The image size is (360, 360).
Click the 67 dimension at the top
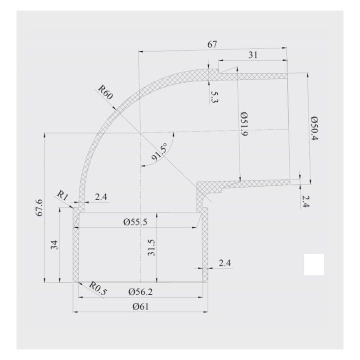coord(212,45)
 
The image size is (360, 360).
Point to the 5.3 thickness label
coord(213,96)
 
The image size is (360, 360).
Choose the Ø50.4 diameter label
coord(314,128)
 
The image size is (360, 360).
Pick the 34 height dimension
coord(54,246)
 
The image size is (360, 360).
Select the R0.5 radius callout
coord(98,288)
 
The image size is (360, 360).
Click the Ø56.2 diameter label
coord(140,292)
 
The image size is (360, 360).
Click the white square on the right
coord(314,265)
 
